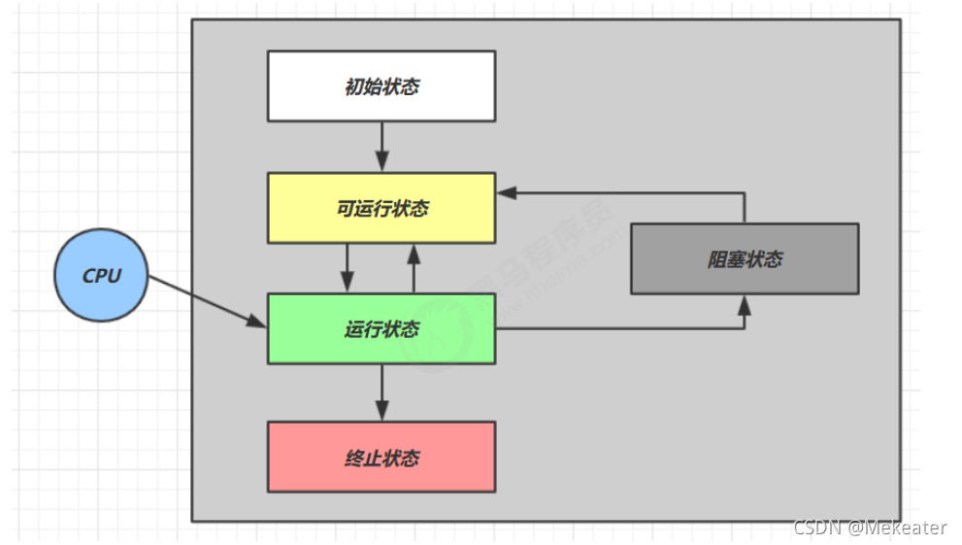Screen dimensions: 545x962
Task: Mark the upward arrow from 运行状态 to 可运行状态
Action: click(x=414, y=267)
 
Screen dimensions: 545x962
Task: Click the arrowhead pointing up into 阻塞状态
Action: click(x=745, y=304)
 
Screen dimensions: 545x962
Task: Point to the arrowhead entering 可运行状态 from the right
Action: click(x=506, y=193)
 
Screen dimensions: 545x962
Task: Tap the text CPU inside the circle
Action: click(x=102, y=275)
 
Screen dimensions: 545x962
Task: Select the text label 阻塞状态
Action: click(x=745, y=259)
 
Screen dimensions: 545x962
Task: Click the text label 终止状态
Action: click(x=381, y=457)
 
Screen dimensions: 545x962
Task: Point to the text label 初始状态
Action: click(x=381, y=86)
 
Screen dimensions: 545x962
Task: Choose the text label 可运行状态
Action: click(x=381, y=208)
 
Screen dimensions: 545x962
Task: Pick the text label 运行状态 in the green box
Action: click(x=381, y=329)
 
